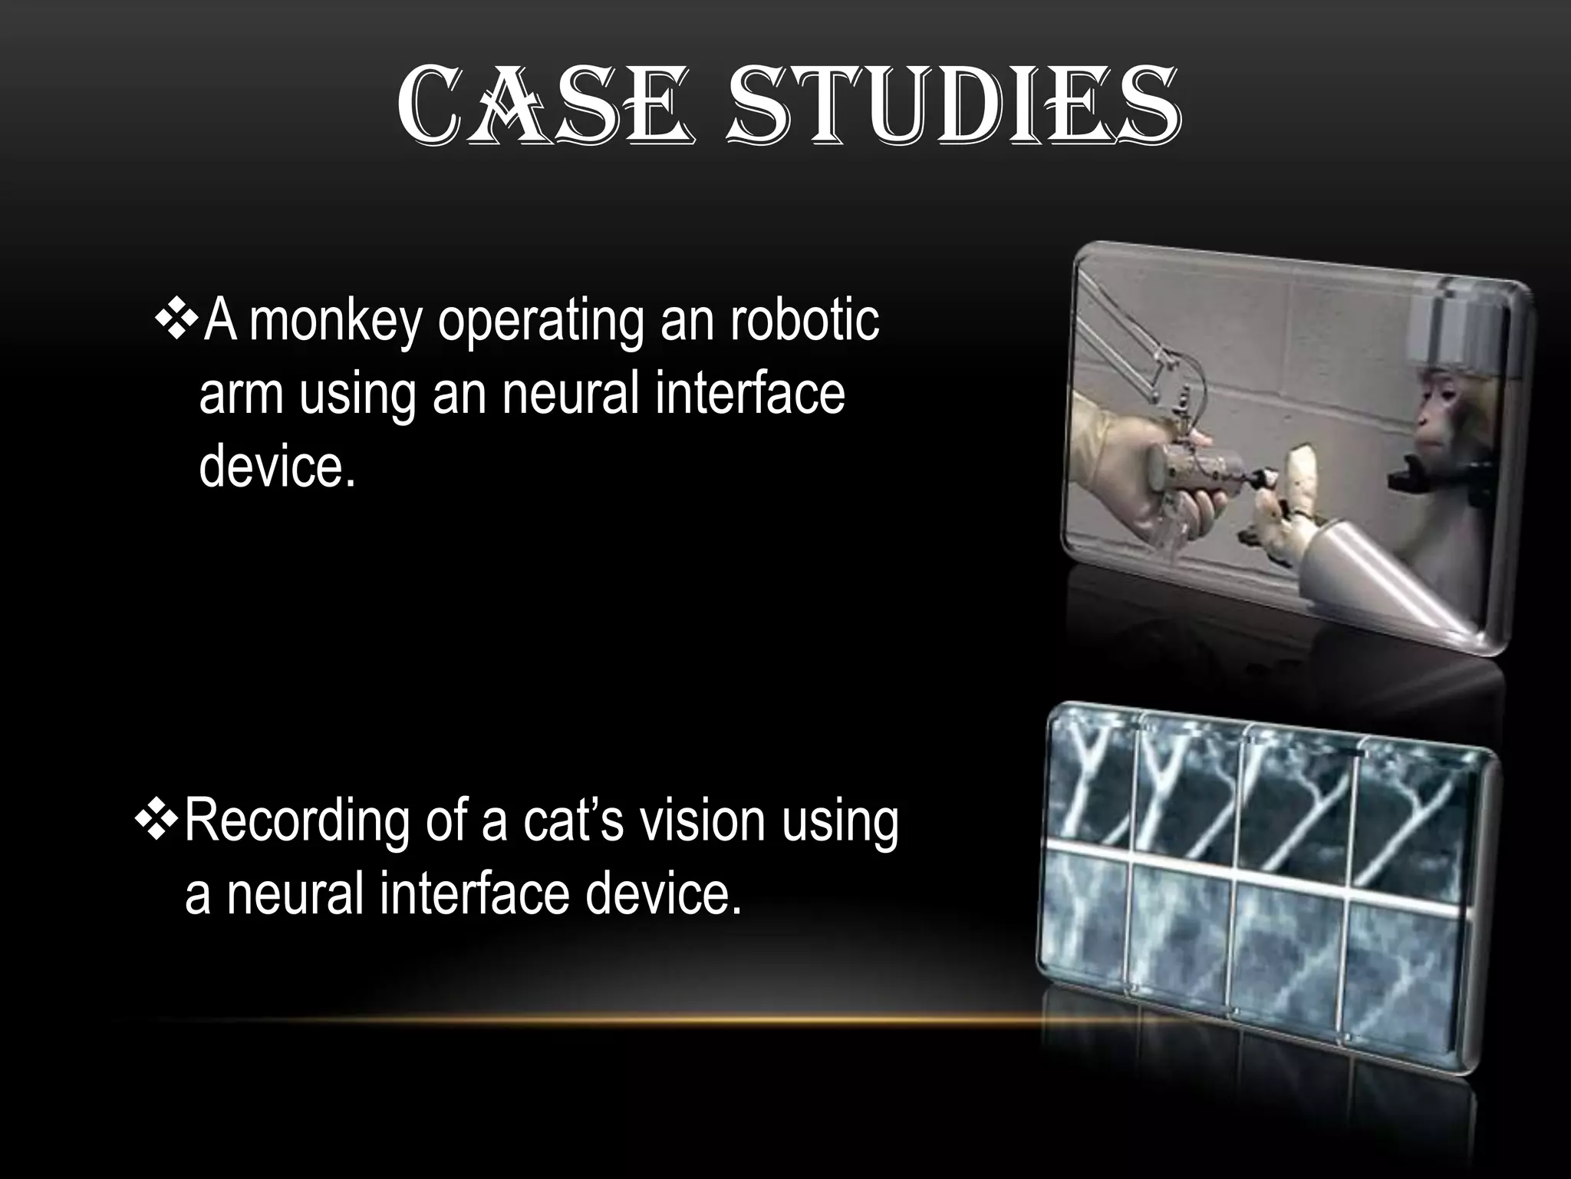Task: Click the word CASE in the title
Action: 545,110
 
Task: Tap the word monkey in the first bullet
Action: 335,320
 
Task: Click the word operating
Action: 540,322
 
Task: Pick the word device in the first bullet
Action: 272,466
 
